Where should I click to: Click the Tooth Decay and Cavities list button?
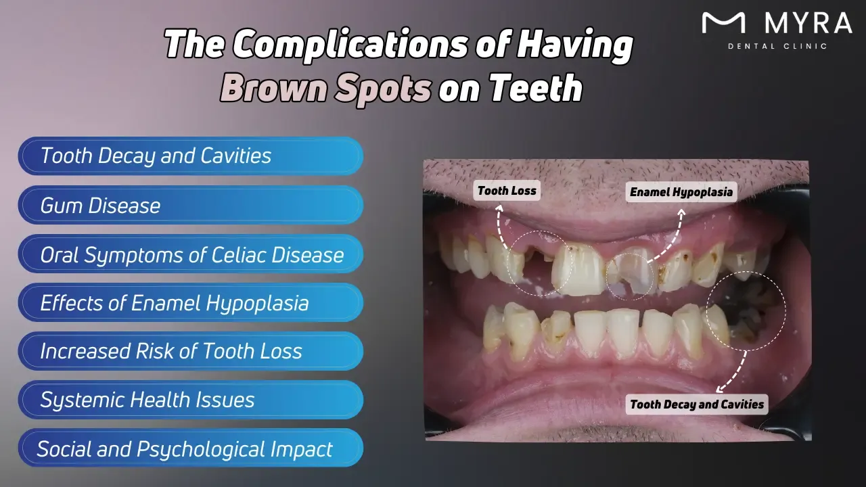(190, 156)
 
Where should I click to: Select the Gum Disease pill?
(190, 205)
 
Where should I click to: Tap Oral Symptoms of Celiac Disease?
(190, 254)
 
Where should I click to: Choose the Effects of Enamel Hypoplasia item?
(190, 302)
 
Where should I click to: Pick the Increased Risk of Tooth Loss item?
(190, 351)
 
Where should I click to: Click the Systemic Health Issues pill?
(190, 400)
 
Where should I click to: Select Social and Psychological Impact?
(190, 448)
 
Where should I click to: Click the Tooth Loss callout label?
(507, 191)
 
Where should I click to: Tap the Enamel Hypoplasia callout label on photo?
(681, 192)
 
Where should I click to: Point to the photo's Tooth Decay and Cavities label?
(697, 404)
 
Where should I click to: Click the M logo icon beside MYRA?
(723, 24)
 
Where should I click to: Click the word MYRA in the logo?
(808, 24)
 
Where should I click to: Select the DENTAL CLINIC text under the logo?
(777, 46)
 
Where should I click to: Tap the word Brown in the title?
(277, 89)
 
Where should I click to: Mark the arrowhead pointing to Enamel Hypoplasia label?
(681, 213)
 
